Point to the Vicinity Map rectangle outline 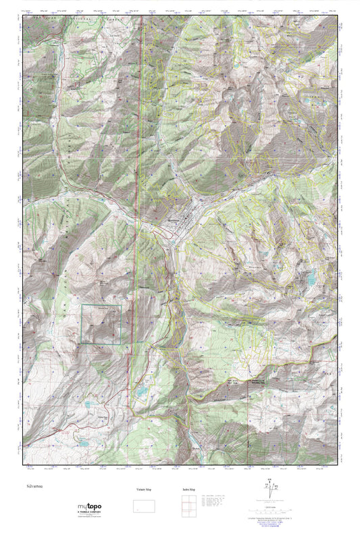coord(143,507)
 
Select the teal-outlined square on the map coord(101,325)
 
